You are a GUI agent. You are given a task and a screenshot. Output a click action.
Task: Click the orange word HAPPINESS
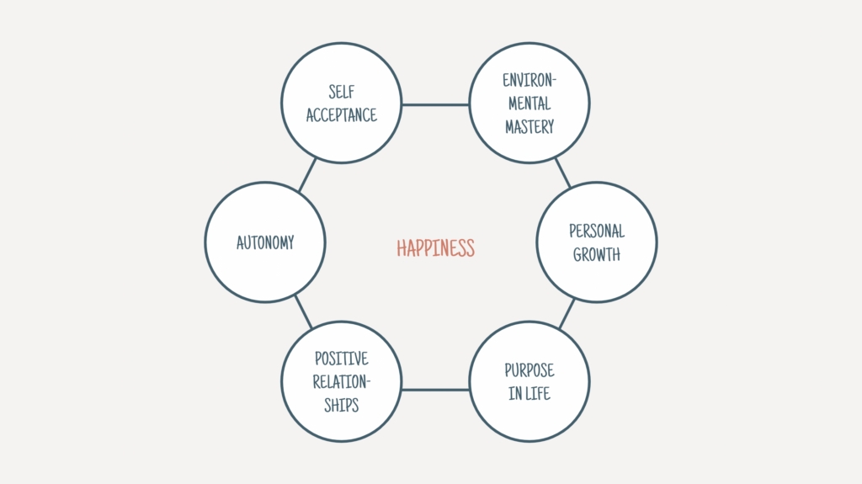435,248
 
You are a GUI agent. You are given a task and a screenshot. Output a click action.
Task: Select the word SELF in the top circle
342,91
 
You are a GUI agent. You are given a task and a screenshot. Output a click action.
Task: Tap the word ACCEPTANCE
342,115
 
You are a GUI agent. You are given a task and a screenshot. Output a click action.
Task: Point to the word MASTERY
529,127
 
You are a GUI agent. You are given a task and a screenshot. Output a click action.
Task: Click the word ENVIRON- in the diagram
529,80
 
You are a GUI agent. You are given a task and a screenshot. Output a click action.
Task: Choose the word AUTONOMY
265,242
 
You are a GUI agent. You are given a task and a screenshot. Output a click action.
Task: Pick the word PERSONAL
597,231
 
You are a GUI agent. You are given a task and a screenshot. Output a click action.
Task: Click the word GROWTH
597,254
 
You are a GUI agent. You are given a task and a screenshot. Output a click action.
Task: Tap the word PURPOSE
529,370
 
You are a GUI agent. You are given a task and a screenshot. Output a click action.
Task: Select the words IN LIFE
529,393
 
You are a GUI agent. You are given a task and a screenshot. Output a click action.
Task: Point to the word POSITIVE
342,359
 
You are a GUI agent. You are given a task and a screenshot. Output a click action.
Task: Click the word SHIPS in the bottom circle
342,406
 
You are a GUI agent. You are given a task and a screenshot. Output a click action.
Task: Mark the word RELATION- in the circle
342,381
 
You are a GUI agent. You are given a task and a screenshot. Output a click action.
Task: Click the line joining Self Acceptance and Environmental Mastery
435,104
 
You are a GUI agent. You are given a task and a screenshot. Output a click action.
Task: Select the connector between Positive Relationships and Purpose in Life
435,390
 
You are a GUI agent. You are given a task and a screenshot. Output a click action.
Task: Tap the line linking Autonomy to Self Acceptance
307,175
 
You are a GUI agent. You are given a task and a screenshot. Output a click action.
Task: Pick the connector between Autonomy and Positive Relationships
303,311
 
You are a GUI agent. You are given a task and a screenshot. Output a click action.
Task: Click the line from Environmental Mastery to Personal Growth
563,173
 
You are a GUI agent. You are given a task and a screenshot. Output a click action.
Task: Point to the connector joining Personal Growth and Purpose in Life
567,313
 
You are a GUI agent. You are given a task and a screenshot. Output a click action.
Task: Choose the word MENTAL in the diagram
529,104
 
